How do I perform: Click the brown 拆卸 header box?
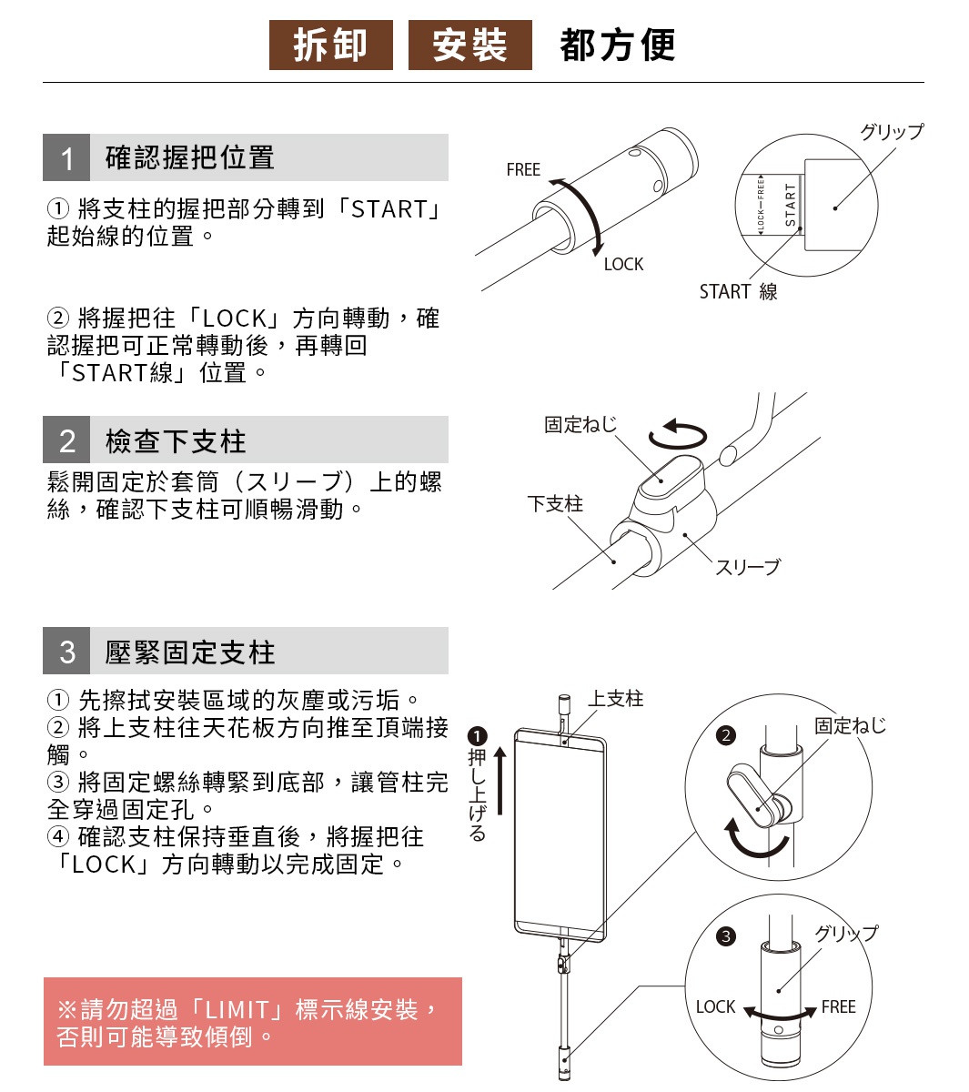pyautogui.click(x=330, y=45)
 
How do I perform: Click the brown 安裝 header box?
pyautogui.click(x=469, y=45)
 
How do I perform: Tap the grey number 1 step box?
pyautogui.click(x=66, y=158)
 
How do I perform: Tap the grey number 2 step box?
pyautogui.click(x=66, y=440)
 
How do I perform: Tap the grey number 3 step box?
pyautogui.click(x=66, y=652)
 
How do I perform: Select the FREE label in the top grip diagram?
pyautogui.click(x=523, y=170)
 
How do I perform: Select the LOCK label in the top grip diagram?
pyautogui.click(x=623, y=265)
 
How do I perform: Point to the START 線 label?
pyautogui.click(x=738, y=292)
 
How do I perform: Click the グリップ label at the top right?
pyautogui.click(x=891, y=132)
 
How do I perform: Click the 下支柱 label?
pyautogui.click(x=555, y=504)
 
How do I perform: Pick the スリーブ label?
pyautogui.click(x=747, y=568)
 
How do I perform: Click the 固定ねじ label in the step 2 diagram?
pyautogui.click(x=580, y=425)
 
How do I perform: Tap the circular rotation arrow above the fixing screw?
pyautogui.click(x=678, y=434)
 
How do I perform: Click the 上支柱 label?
pyautogui.click(x=615, y=699)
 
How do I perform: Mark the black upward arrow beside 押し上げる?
pyautogui.click(x=500, y=782)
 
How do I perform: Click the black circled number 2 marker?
pyautogui.click(x=725, y=735)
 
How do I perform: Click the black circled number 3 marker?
pyautogui.click(x=725, y=936)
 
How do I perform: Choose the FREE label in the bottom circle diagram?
pyautogui.click(x=838, y=1007)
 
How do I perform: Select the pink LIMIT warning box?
pyautogui.click(x=252, y=1022)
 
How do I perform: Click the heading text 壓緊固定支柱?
pyautogui.click(x=189, y=652)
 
